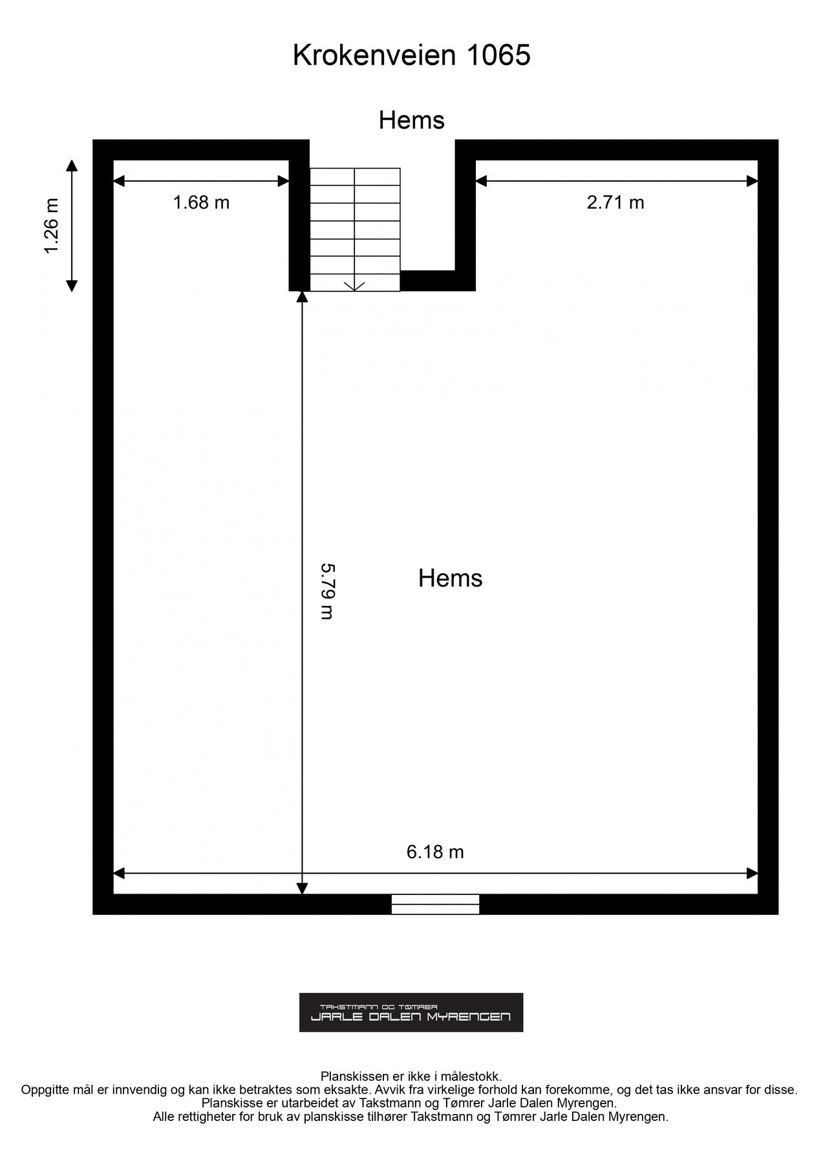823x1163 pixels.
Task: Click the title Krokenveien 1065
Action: click(412, 56)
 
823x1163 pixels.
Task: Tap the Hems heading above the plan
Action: click(412, 120)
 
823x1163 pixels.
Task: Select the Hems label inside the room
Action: click(451, 578)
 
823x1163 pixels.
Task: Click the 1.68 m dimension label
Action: click(201, 203)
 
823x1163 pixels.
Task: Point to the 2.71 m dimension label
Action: click(615, 203)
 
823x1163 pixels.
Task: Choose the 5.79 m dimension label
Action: click(328, 592)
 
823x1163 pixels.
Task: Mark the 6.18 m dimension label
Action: click(435, 852)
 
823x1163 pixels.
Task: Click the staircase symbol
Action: click(355, 229)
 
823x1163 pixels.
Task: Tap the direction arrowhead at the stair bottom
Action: click(355, 286)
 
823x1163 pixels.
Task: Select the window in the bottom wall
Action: click(436, 904)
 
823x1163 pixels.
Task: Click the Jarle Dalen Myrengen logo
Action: click(411, 1012)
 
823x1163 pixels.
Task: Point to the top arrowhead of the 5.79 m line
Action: click(301, 297)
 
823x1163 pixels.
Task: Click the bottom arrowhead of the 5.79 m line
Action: click(301, 888)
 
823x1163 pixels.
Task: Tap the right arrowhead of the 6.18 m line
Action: click(752, 874)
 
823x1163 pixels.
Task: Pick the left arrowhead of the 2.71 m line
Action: click(482, 181)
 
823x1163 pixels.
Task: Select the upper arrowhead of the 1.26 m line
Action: click(72, 165)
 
